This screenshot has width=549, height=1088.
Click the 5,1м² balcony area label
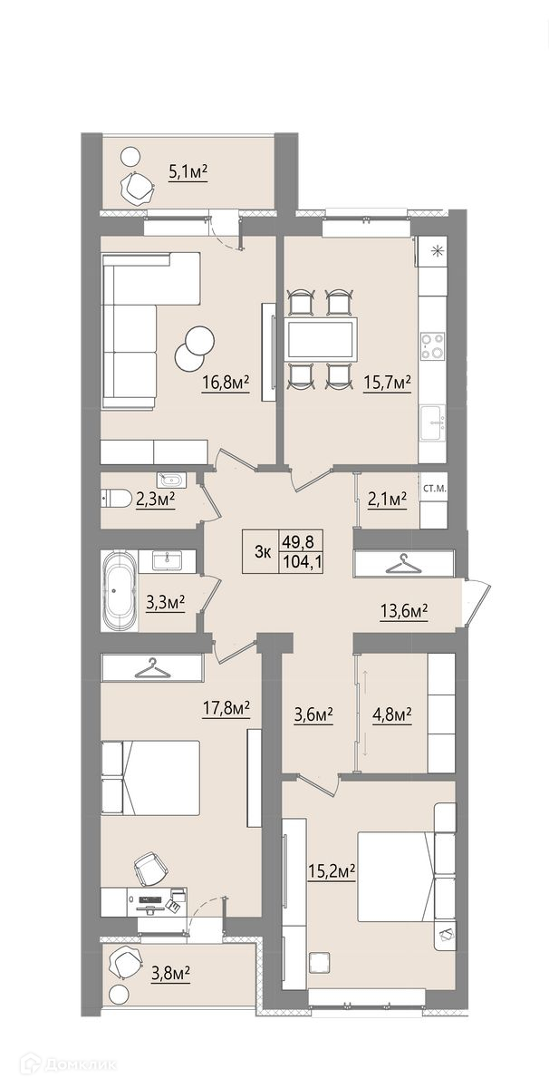click(188, 172)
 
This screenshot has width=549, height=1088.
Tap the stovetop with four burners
click(432, 345)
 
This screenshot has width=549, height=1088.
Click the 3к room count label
click(262, 553)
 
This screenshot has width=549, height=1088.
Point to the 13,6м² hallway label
click(403, 609)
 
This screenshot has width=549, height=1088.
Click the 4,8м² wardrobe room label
click(391, 715)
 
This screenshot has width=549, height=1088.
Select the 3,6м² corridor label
click(313, 715)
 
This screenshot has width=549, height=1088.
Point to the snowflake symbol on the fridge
click(438, 251)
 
